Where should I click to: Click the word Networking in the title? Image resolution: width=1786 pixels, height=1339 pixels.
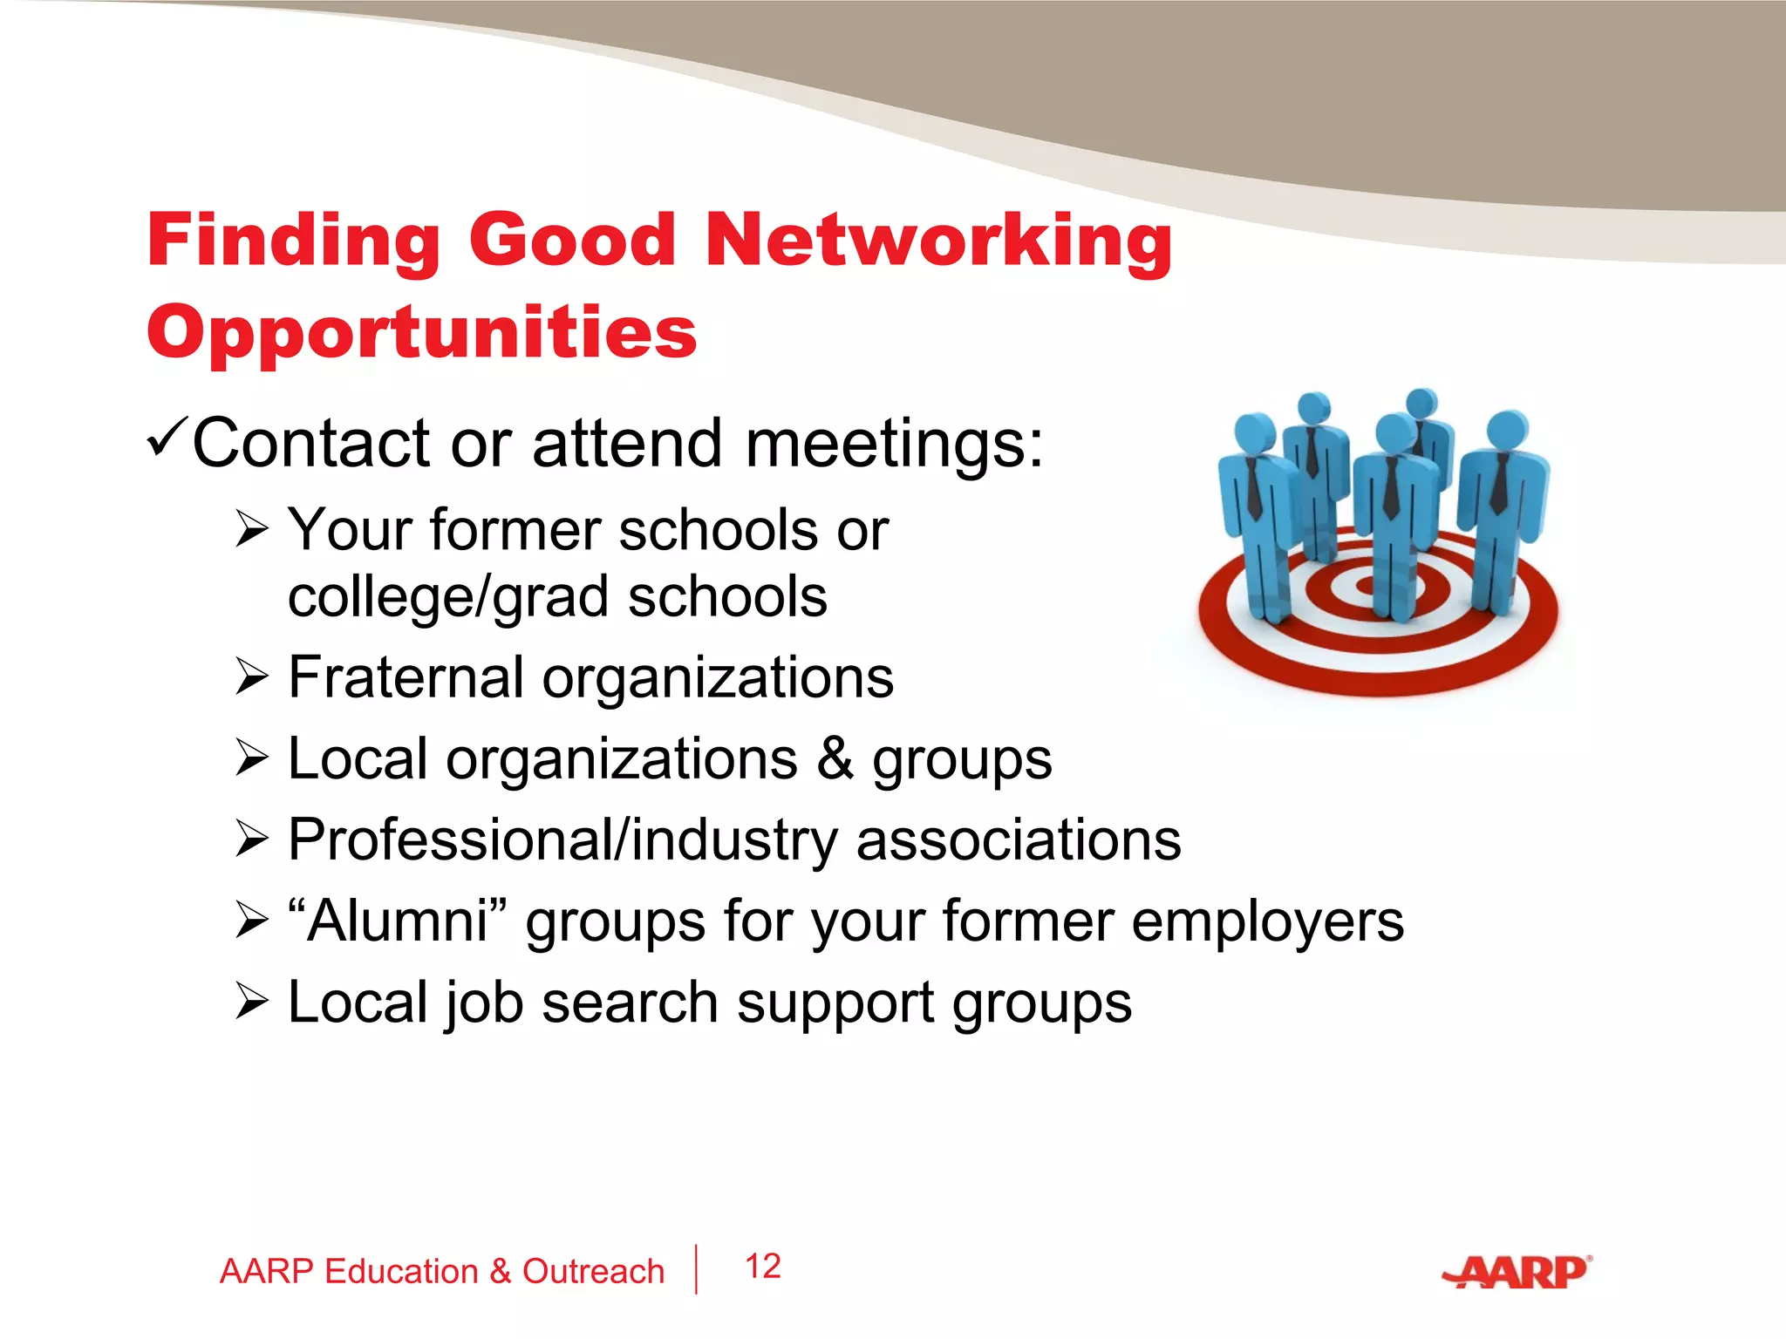[938, 241]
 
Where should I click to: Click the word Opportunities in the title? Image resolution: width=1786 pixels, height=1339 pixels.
[422, 333]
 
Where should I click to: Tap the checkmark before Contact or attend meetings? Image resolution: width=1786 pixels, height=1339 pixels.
[166, 437]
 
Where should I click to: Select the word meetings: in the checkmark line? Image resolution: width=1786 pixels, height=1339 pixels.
[894, 444]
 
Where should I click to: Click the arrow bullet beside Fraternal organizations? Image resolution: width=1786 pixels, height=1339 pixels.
[251, 678]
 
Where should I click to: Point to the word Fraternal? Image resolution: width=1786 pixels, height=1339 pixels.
[406, 677]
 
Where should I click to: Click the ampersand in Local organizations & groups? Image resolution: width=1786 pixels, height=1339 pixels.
[835, 758]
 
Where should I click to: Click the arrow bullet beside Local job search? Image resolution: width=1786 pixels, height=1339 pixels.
[251, 1003]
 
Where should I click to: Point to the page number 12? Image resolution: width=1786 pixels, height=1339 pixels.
[762, 1267]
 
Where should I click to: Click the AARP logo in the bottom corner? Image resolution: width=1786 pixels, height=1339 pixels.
[1517, 1273]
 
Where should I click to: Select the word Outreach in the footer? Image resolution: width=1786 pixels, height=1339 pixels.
[593, 1272]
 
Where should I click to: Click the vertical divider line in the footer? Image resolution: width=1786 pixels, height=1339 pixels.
[696, 1269]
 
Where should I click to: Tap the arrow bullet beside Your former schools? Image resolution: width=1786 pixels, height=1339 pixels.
[251, 530]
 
